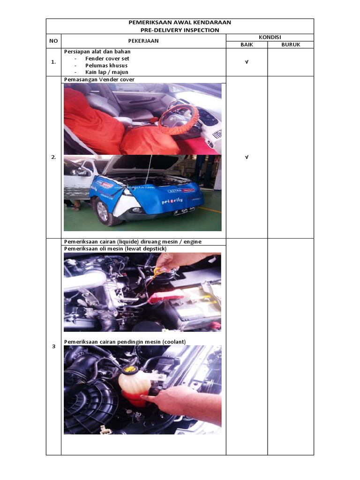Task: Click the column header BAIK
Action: tap(247, 45)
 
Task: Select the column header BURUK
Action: tap(291, 45)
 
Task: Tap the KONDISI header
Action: tap(270, 37)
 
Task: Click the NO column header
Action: tap(53, 41)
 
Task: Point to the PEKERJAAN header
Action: tap(143, 41)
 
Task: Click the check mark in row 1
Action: tap(247, 62)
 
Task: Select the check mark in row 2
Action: tap(247, 157)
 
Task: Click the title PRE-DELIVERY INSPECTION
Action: tap(180, 30)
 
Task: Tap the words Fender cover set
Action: tap(107, 59)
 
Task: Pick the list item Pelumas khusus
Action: tap(106, 66)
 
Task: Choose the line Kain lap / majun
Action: tap(106, 72)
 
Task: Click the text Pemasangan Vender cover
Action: tap(99, 80)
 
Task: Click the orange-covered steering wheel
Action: tap(179, 117)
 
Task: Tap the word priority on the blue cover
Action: tap(172, 201)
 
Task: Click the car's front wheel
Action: tap(103, 211)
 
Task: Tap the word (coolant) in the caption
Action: tap(174, 342)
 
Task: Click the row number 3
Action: tap(53, 346)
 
